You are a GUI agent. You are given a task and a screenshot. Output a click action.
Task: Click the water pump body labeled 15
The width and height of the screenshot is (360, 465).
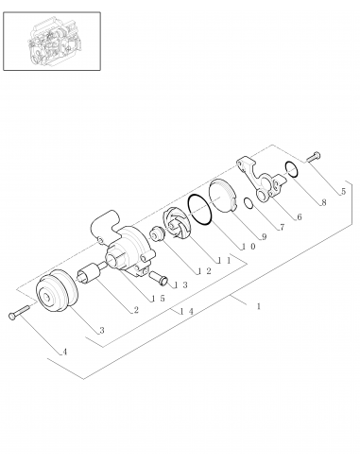123,250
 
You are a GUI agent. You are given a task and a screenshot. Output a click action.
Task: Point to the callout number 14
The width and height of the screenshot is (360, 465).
189,310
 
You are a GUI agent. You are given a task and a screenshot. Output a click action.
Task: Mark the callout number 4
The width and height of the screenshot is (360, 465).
64,353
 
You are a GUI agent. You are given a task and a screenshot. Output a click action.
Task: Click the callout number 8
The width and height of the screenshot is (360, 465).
323,202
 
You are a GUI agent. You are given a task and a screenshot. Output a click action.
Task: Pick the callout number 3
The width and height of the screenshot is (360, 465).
101,330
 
